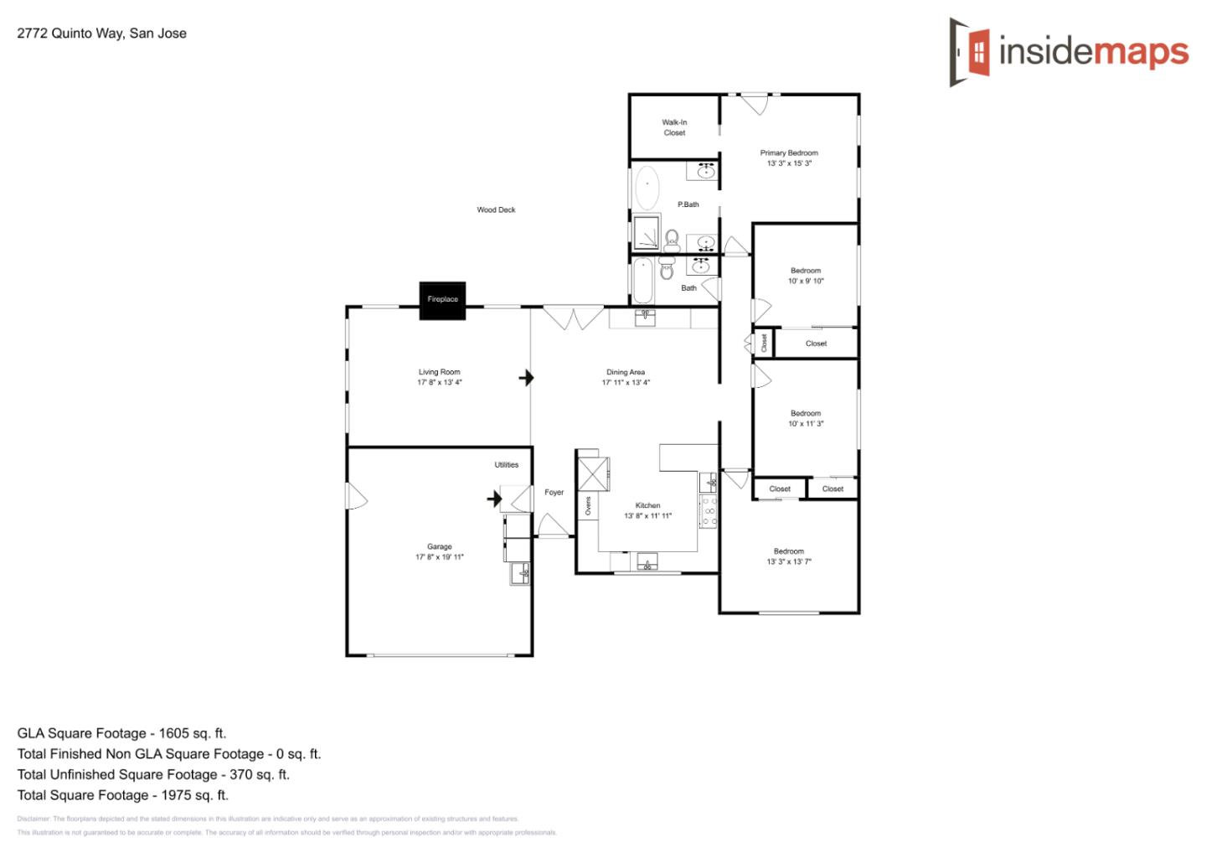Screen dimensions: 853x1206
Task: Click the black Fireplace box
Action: point(442,300)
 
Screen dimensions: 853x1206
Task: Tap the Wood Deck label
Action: point(496,210)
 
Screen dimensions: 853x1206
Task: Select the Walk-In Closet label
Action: point(674,127)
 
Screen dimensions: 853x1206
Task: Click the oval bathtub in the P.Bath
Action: point(647,189)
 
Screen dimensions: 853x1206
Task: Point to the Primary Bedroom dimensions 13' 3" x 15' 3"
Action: point(789,163)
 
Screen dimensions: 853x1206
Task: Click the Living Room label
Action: point(439,372)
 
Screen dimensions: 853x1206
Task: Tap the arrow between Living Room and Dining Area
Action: point(526,378)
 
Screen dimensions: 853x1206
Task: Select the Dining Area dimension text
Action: point(626,383)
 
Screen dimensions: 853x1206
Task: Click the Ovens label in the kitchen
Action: point(588,505)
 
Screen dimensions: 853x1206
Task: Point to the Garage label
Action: point(439,546)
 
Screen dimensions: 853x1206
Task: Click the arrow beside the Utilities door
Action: point(494,499)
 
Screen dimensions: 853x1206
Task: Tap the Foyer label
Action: point(554,493)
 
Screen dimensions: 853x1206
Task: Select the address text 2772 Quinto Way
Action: point(101,34)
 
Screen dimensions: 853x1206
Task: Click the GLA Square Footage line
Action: point(121,733)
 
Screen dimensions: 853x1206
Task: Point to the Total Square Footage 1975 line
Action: point(122,795)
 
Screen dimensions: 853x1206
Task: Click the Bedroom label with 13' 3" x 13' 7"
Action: point(789,551)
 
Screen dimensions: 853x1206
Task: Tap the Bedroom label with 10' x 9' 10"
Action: point(806,271)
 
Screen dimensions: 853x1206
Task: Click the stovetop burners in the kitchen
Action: point(709,511)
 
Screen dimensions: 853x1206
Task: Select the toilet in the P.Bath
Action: point(672,240)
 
